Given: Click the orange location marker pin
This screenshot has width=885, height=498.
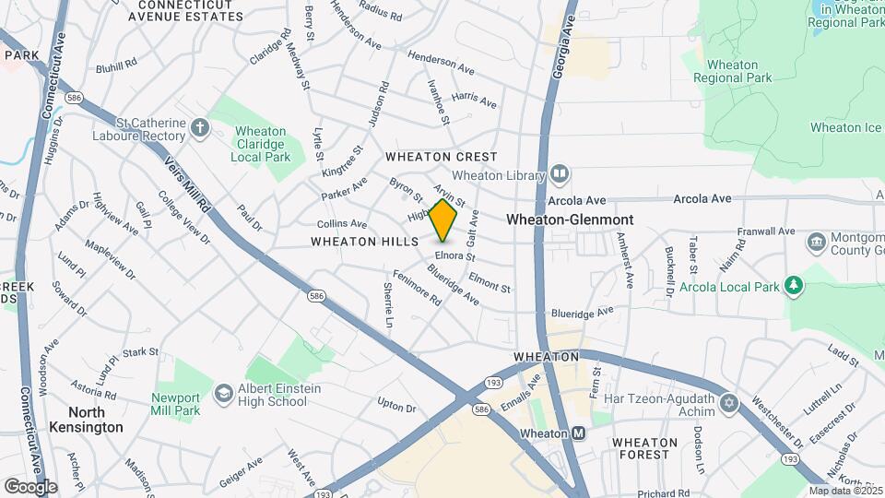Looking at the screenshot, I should [443, 220].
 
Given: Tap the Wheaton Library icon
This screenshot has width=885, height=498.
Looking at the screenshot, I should [560, 174].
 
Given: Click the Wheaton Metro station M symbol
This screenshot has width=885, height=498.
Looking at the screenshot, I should [579, 433].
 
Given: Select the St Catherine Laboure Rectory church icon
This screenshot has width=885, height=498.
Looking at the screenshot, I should [200, 129].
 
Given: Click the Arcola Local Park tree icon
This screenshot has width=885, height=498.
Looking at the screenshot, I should [794, 286].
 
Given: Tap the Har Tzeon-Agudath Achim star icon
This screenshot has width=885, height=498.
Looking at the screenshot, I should [729, 403].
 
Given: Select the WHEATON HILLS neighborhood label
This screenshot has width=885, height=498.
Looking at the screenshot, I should [359, 242].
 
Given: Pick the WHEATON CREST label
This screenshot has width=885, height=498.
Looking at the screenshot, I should [442, 157].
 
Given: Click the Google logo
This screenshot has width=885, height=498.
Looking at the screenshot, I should [30, 486].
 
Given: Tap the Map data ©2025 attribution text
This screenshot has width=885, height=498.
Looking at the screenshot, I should [845, 491].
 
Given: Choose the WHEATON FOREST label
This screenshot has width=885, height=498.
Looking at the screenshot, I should [644, 448].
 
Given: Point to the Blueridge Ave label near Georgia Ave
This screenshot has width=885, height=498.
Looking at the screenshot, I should [581, 314].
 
